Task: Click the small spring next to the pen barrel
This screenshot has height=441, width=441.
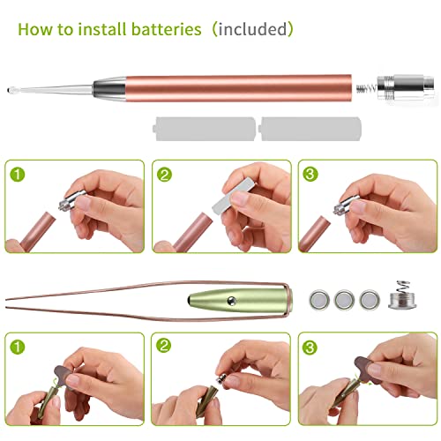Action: click(x=362, y=87)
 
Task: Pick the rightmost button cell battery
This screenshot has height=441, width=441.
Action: click(x=371, y=299)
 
